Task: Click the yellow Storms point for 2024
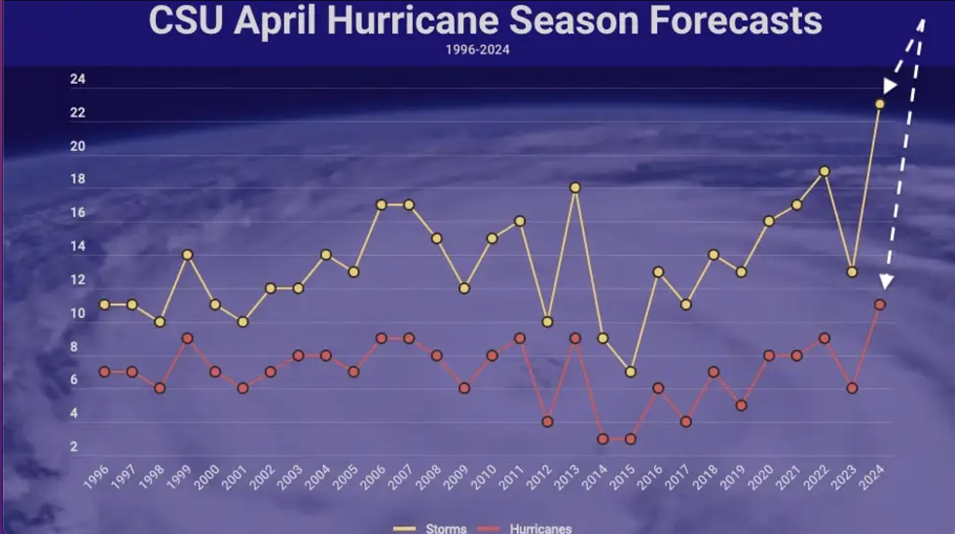[880, 104]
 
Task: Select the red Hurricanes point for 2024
[880, 305]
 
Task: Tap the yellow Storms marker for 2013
[575, 188]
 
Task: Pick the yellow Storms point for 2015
[630, 372]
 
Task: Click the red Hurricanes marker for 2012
[547, 422]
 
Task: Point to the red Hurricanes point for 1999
[187, 338]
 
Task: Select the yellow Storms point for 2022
[824, 171]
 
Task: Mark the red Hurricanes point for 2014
[603, 439]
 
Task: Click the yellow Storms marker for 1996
[104, 305]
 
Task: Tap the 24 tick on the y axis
[77, 79]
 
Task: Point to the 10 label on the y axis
[77, 314]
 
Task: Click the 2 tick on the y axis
[74, 446]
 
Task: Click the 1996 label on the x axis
[96, 478]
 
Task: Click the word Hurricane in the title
[413, 20]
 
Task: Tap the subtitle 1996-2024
[477, 50]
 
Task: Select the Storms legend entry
[445, 529]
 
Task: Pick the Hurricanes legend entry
[540, 529]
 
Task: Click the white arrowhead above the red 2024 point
[886, 281]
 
